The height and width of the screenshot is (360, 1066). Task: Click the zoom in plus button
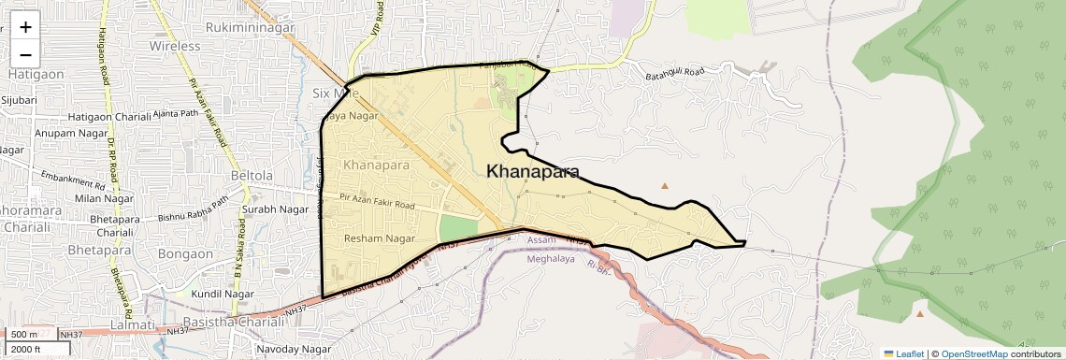(25, 27)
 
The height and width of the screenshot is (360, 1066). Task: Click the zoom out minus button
(25, 53)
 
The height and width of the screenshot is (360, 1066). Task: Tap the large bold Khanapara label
(532, 172)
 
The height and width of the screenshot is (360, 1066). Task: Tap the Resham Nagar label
(380, 238)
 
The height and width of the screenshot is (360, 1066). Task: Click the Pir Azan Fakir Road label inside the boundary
(377, 203)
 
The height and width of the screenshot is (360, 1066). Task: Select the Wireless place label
(175, 46)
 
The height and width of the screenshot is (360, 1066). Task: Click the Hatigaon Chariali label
(108, 117)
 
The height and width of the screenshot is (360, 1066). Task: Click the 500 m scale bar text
(24, 334)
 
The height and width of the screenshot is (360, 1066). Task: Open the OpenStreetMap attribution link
(973, 353)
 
